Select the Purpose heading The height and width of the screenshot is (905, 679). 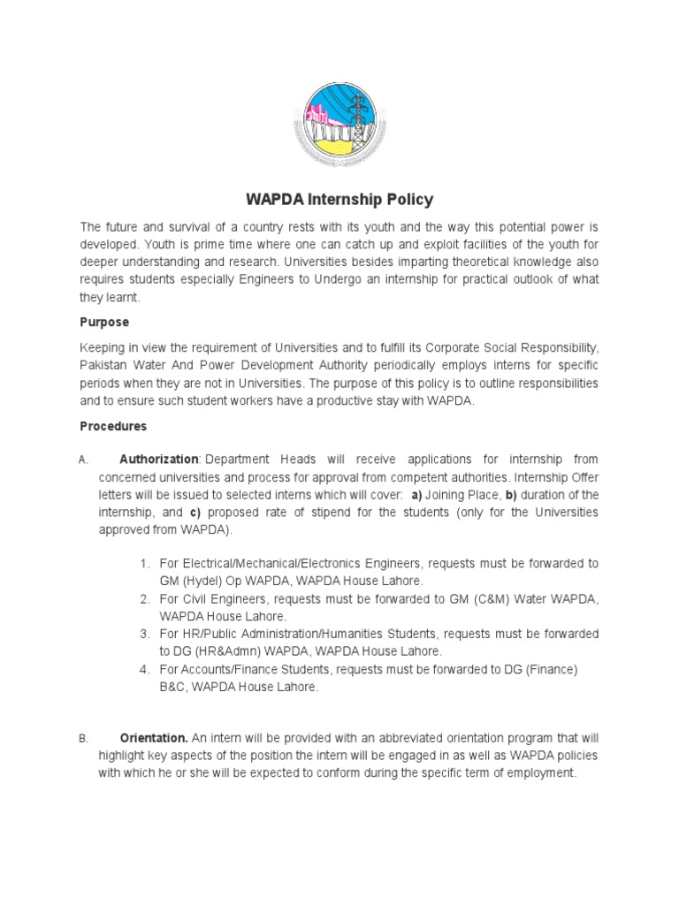click(x=104, y=323)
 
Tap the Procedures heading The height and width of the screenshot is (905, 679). click(x=113, y=426)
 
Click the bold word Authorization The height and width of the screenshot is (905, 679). click(x=159, y=460)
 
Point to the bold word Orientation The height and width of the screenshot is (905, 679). click(x=153, y=737)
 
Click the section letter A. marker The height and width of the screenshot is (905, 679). click(x=83, y=460)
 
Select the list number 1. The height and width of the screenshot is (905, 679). click(x=144, y=564)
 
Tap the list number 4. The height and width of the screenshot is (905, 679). click(x=144, y=670)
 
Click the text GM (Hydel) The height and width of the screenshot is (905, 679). click(x=190, y=581)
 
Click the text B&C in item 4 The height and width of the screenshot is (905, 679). click(x=173, y=687)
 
